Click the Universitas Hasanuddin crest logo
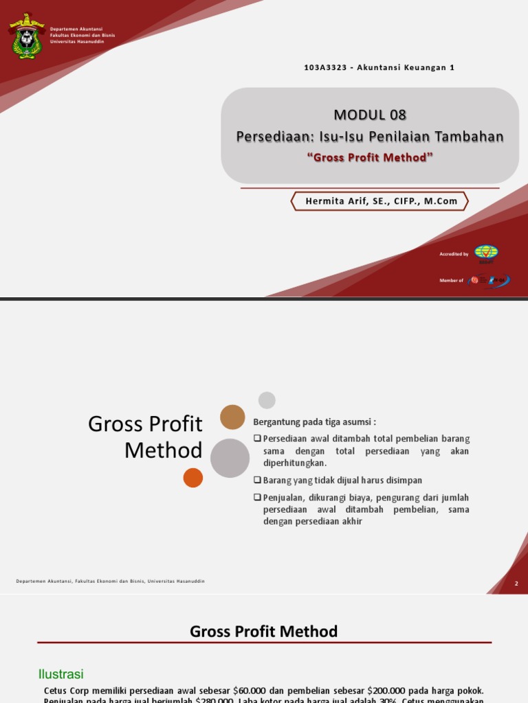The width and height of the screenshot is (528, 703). point(26,36)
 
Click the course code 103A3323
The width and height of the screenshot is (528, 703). point(325,67)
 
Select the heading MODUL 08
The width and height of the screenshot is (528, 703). point(370,114)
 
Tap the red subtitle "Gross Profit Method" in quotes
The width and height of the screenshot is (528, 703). point(370,157)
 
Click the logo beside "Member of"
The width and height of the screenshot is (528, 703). point(488,280)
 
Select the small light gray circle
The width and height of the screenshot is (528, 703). point(267,400)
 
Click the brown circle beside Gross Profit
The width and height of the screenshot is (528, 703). point(232,417)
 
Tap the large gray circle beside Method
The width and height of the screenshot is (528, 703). point(230,458)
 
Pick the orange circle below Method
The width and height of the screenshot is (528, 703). point(193,478)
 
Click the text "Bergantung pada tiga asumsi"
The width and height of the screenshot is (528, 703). point(315,422)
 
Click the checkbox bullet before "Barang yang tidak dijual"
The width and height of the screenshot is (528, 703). point(258,480)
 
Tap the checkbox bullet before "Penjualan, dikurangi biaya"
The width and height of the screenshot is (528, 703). point(258,497)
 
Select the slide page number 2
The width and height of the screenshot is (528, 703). point(516,584)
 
